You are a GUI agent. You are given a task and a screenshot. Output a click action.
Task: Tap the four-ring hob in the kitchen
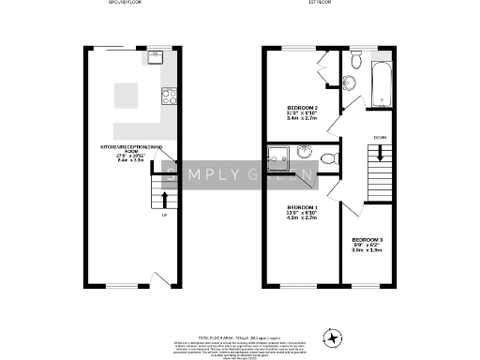point(170,94)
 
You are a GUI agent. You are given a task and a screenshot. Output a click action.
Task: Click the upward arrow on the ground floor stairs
point(165,199)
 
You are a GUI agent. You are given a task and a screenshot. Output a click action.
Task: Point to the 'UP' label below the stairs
point(165,216)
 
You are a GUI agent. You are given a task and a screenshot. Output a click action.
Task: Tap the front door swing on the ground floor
point(160,278)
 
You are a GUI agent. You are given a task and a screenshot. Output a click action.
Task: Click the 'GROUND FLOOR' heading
point(125,5)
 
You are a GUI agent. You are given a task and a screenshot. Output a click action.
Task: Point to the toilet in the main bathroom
point(354,63)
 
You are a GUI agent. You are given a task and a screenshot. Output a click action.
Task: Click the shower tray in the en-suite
point(280,159)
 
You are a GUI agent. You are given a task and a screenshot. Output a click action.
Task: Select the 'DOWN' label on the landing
point(380,138)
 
